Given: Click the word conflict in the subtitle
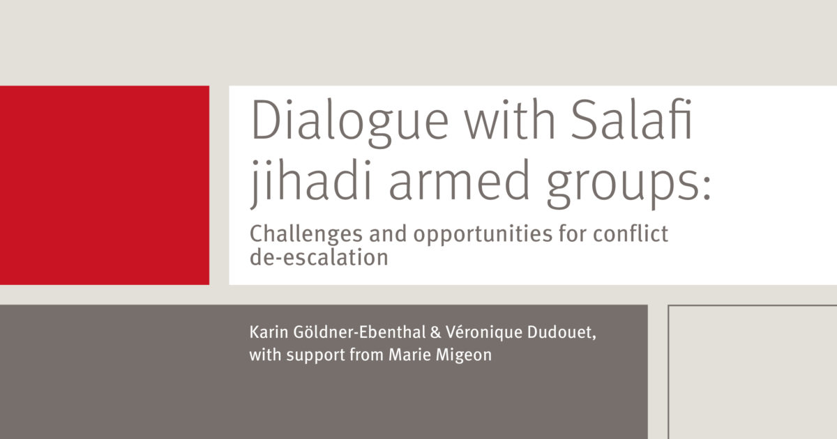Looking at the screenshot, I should click(x=630, y=233).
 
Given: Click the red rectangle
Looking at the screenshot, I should click(x=105, y=185).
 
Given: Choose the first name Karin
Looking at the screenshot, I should click(x=266, y=333).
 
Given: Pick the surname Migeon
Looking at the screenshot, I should click(x=467, y=355).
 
